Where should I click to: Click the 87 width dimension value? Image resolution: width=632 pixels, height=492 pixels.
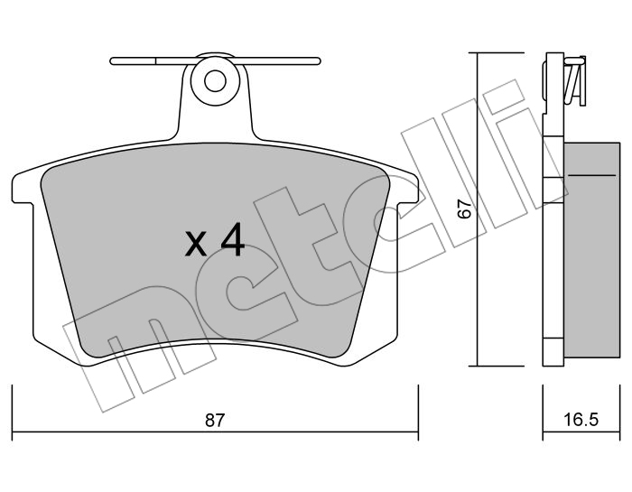tap(214, 421)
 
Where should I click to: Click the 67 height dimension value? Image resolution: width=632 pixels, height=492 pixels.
tap(465, 209)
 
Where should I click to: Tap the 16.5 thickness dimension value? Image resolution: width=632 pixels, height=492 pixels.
tap(581, 421)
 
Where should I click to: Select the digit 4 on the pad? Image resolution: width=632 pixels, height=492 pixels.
tap(231, 239)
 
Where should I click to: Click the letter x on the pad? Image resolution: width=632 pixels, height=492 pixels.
tap(196, 245)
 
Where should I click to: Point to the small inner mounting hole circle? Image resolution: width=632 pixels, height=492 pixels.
tap(215, 82)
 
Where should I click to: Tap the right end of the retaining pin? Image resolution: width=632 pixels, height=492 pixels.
tap(319, 61)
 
